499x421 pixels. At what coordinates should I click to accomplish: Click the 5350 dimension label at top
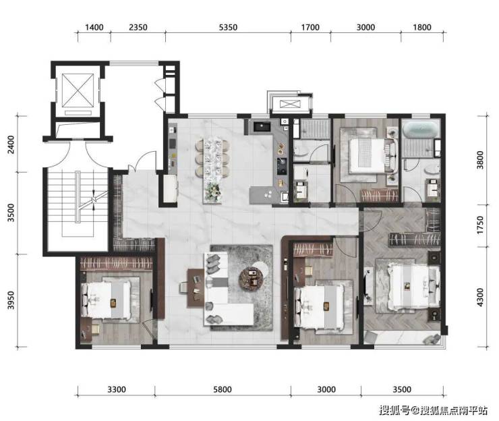click(228, 28)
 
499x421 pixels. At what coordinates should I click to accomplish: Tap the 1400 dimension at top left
click(94, 28)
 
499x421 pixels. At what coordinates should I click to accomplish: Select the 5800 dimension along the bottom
click(223, 389)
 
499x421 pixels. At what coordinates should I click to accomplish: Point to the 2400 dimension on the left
click(11, 144)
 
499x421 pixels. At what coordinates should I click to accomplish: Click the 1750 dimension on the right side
click(480, 225)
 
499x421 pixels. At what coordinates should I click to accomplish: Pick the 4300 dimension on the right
click(480, 297)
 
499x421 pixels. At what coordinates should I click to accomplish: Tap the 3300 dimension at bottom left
click(117, 389)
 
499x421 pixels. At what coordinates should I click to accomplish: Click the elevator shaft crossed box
click(78, 91)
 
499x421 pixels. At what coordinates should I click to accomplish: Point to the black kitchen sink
click(262, 126)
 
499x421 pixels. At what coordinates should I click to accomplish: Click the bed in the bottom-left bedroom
click(107, 300)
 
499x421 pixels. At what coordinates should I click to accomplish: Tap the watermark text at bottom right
click(433, 410)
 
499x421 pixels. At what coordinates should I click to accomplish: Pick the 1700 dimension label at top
click(310, 28)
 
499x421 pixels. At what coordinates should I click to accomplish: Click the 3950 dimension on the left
click(11, 300)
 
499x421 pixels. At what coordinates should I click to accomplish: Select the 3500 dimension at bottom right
click(402, 389)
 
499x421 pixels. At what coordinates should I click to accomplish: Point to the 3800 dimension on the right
click(480, 160)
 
